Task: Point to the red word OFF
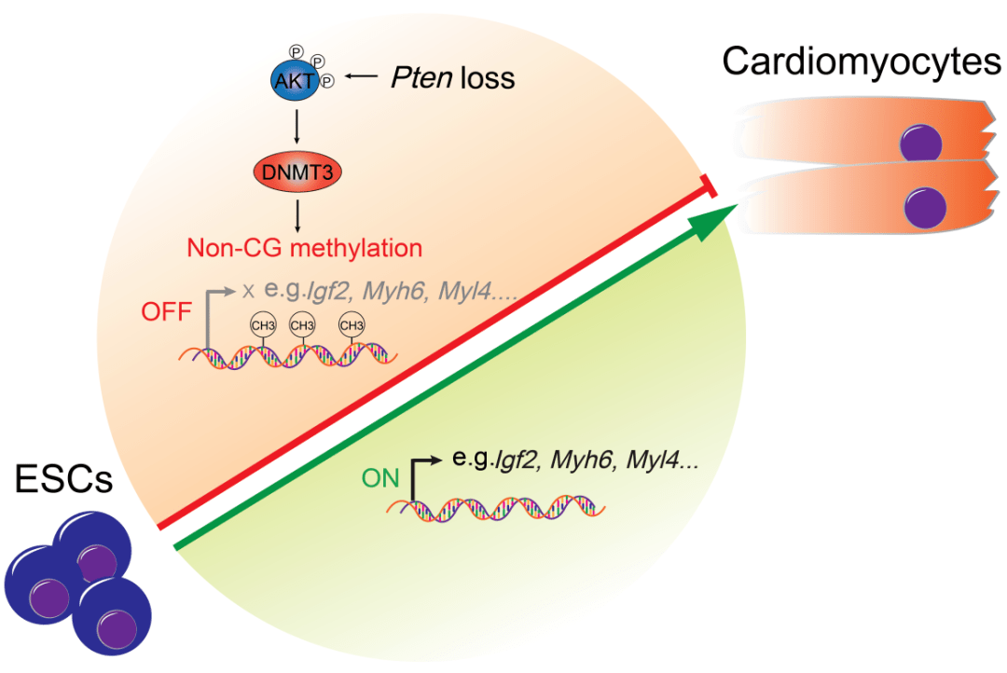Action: tap(170, 310)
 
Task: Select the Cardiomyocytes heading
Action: tap(861, 62)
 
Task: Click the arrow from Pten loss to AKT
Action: tap(361, 78)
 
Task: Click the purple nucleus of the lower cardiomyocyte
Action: tap(920, 204)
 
